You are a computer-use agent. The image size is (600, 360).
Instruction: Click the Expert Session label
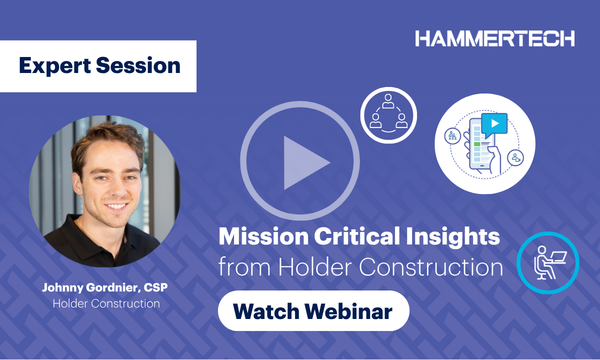pos(99,67)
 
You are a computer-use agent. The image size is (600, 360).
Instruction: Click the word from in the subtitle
pos(240,268)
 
